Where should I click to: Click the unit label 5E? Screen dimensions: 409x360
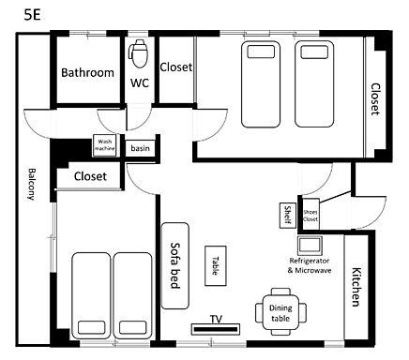pyautogui.click(x=32, y=14)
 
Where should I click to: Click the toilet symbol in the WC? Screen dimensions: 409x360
pyautogui.click(x=139, y=53)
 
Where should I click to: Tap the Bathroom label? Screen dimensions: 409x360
pyautogui.click(x=87, y=72)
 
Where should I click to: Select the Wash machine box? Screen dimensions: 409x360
pyautogui.click(x=104, y=145)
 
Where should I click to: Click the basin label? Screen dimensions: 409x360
pyautogui.click(x=140, y=148)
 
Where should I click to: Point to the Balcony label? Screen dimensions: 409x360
pyautogui.click(x=31, y=184)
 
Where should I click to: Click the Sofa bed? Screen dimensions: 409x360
pyautogui.click(x=175, y=265)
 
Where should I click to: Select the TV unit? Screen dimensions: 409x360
pyautogui.click(x=216, y=329)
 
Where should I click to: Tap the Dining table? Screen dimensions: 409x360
pyautogui.click(x=280, y=312)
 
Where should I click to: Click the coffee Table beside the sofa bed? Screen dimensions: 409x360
pyautogui.click(x=216, y=265)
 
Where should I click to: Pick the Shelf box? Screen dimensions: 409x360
pyautogui.click(x=287, y=215)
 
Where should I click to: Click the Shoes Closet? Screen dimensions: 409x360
pyautogui.click(x=311, y=216)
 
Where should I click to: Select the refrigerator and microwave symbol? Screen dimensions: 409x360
pyautogui.click(x=310, y=246)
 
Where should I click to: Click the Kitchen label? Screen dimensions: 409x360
pyautogui.click(x=356, y=287)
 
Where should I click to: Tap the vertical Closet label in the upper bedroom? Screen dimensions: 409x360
pyautogui.click(x=375, y=99)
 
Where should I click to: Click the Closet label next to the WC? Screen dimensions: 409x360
pyautogui.click(x=175, y=67)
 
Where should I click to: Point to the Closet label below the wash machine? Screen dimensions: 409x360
pyautogui.click(x=90, y=176)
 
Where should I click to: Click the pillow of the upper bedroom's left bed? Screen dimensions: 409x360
pyautogui.click(x=261, y=52)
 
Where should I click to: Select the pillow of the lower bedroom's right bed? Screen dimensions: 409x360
pyautogui.click(x=132, y=327)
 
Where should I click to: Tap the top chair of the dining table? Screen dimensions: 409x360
pyautogui.click(x=280, y=292)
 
